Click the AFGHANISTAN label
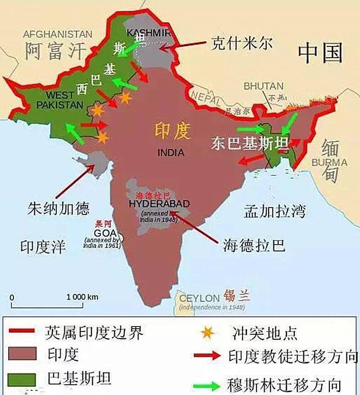58,34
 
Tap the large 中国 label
320,54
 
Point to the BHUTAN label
264,86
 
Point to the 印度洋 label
43,246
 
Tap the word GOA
105,233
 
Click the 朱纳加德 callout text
58,208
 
